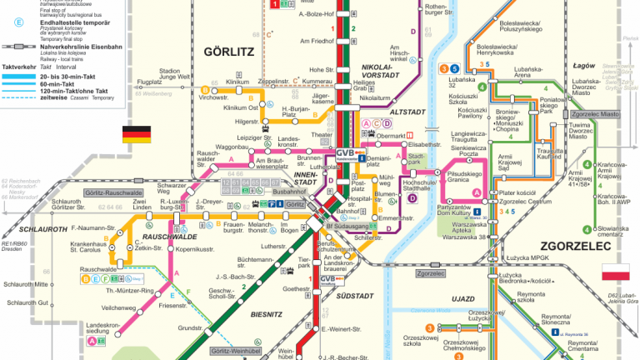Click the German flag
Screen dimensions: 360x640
137,134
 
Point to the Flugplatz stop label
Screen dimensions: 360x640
150,82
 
